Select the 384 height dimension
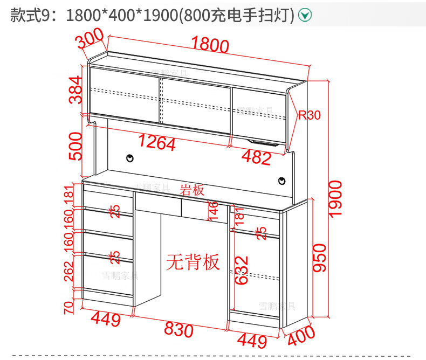click(x=75, y=90)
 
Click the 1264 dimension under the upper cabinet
click(x=157, y=143)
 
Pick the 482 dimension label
click(x=256, y=158)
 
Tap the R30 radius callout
click(x=309, y=115)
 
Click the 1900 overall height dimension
click(x=335, y=198)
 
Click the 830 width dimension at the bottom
click(x=178, y=329)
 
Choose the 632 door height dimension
click(x=241, y=269)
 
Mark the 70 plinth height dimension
click(x=69, y=308)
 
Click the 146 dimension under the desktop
click(x=213, y=210)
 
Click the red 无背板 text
click(x=193, y=262)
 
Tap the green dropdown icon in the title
click(x=305, y=16)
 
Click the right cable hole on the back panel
click(x=281, y=181)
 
